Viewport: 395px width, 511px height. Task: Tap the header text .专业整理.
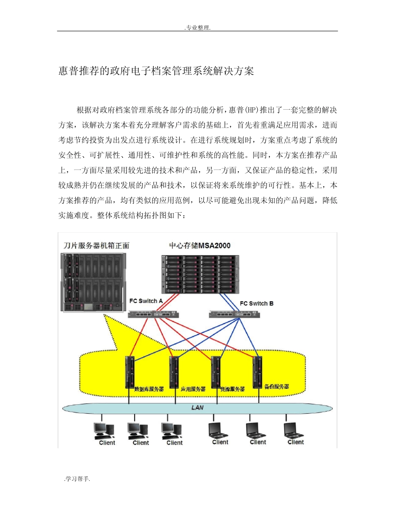pos(197,28)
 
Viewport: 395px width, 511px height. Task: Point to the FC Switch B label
pos(257,304)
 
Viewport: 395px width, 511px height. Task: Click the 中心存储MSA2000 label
pos(200,246)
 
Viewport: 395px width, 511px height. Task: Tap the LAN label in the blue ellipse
pos(197,408)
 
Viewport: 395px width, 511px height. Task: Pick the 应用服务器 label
pos(193,389)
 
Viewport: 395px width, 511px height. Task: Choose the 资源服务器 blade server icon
pos(215,371)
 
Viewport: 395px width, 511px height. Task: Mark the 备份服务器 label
pos(277,386)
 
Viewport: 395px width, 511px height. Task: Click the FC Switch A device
pos(153,314)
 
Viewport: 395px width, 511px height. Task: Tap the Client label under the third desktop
pos(175,443)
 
